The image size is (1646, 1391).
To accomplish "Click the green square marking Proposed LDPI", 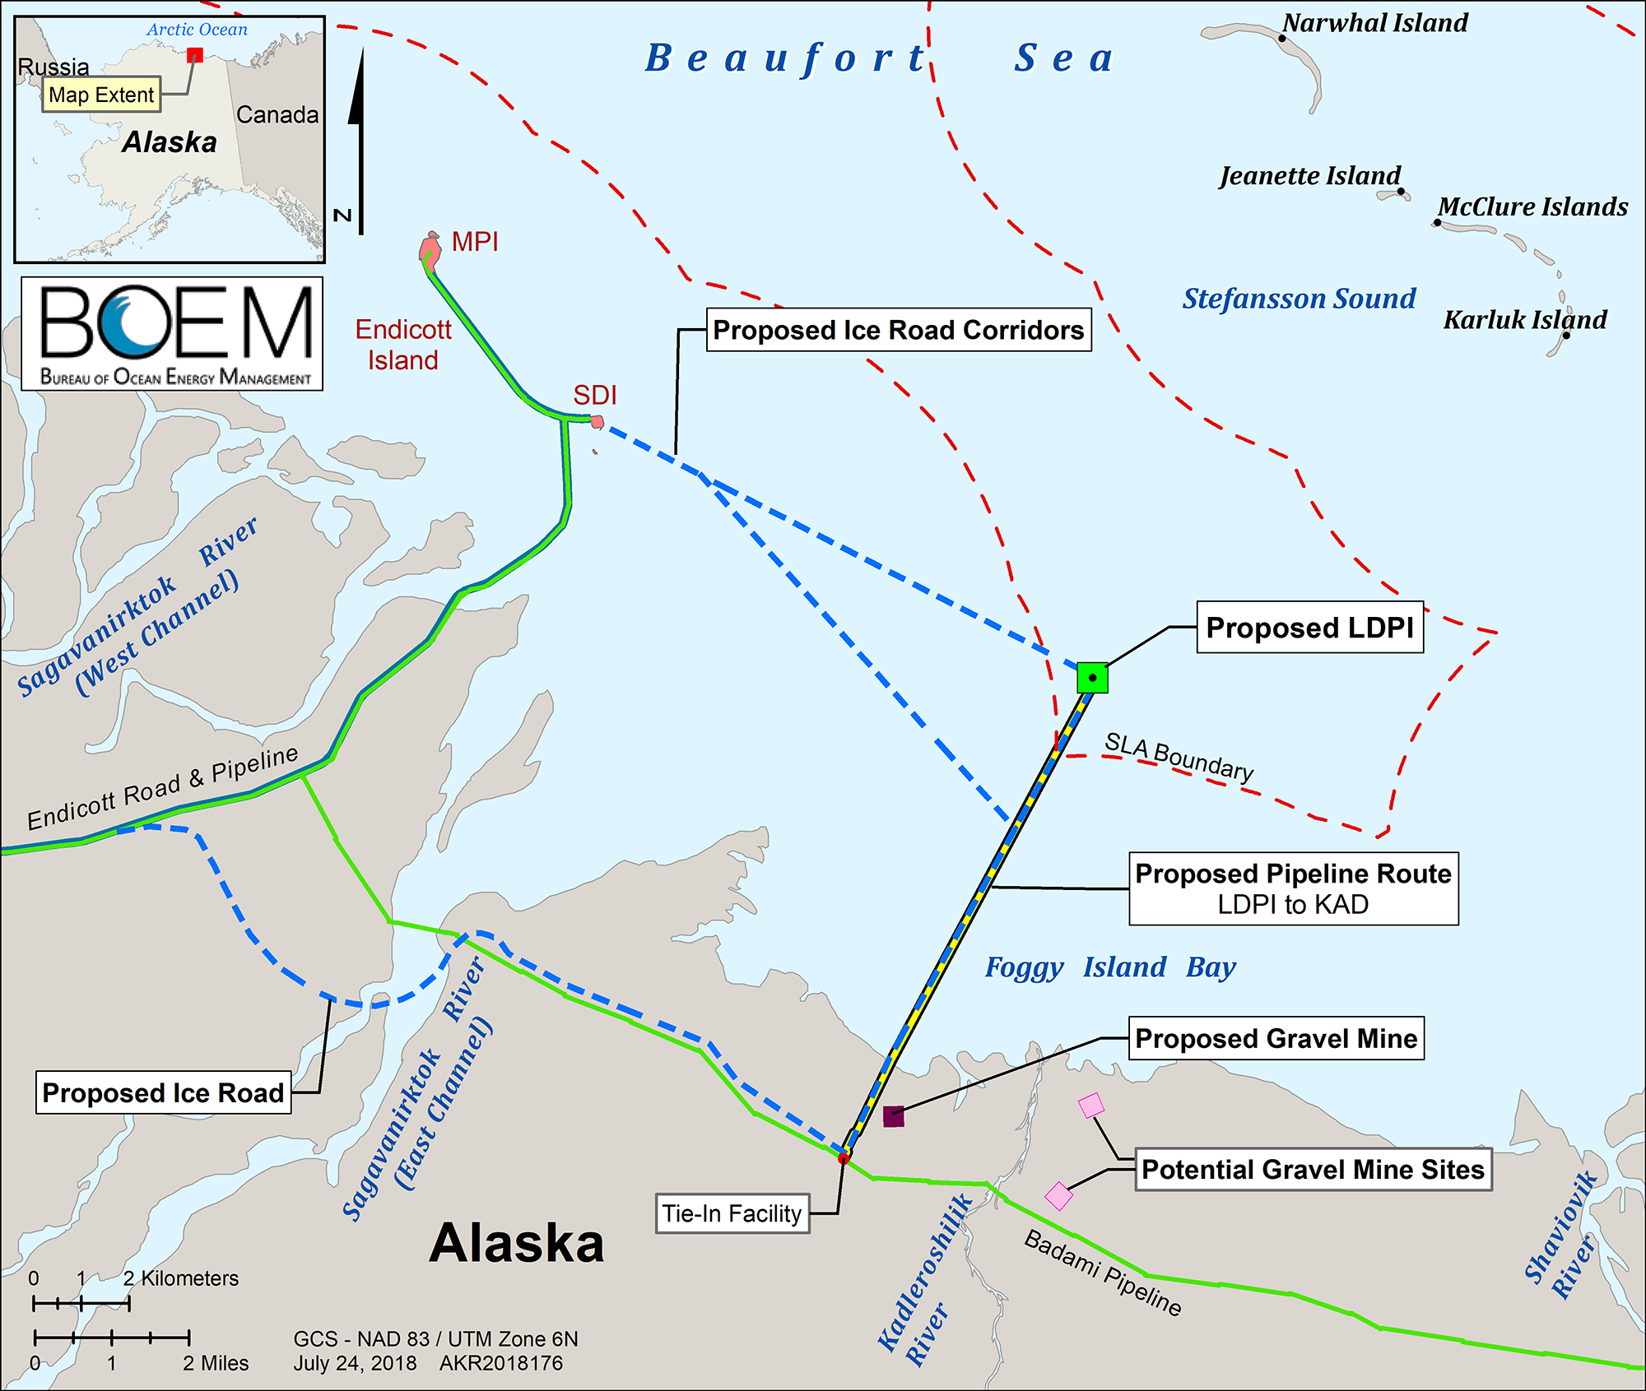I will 1092,678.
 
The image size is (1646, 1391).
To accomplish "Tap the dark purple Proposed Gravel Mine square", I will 894,1116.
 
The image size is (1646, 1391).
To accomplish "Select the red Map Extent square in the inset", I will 195,55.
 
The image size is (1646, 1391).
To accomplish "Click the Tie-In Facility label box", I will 732,1213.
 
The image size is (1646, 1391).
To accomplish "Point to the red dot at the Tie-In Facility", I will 844,1158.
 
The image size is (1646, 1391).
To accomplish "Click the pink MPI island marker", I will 430,248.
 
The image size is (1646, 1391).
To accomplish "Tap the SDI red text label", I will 595,396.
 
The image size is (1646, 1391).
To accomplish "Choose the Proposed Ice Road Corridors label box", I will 899,330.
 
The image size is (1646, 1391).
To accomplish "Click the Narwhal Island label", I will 1375,23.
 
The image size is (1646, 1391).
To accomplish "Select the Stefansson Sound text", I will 1299,299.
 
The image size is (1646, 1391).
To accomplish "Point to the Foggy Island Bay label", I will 1110,967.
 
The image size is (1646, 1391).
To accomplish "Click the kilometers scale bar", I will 81,1304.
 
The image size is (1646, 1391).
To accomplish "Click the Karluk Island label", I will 1524,320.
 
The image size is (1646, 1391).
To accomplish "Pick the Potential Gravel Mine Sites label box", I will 1313,1170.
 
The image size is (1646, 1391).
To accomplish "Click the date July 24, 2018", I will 355,1363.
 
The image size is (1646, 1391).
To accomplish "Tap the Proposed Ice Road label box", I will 163,1092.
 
